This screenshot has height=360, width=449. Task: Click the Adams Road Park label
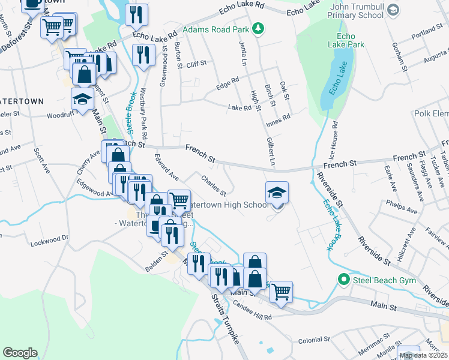[216, 28]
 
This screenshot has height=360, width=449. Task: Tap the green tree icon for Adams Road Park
[258, 28]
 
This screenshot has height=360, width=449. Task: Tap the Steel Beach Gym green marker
[343, 279]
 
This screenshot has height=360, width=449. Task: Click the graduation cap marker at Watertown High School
[277, 193]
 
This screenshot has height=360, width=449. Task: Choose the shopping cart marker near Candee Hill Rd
[281, 292]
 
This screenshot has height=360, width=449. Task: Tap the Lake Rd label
[240, 108]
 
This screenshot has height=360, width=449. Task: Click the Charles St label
[213, 185]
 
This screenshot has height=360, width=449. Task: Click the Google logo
[20, 353]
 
